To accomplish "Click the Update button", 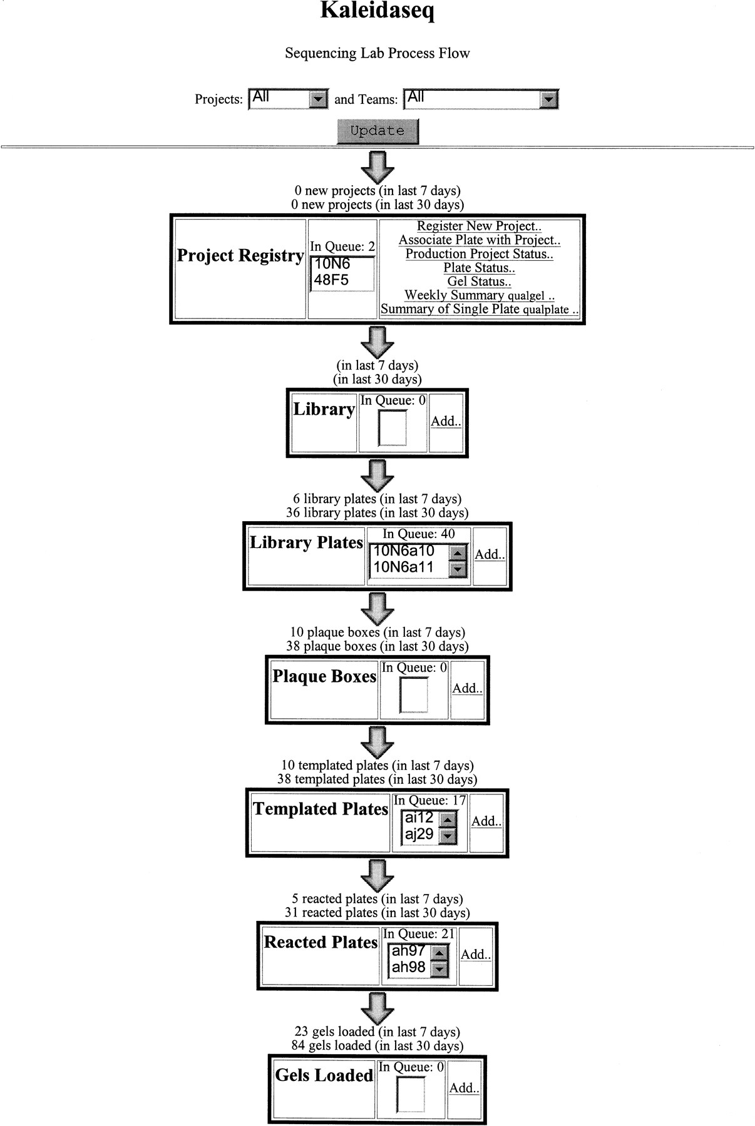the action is click(x=377, y=131).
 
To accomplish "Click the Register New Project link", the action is click(x=480, y=226).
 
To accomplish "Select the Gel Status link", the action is click(x=480, y=281).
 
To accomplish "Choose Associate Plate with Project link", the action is click(x=480, y=240).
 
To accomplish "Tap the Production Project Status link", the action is click(x=480, y=254).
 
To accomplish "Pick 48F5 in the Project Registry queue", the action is click(x=331, y=280).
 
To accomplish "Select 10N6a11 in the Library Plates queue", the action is click(x=403, y=568).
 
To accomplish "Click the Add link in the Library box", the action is click(x=446, y=421).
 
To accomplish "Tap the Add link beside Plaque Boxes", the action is click(x=467, y=688).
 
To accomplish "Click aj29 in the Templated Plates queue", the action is click(x=419, y=834).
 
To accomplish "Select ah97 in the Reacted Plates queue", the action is click(x=409, y=951).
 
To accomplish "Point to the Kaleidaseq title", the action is click(x=377, y=11).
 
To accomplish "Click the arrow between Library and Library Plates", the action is click(x=377, y=476).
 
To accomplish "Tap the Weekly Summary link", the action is click(x=480, y=295).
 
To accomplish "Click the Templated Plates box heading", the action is click(x=321, y=809).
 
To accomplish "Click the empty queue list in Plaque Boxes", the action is click(x=413, y=695).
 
